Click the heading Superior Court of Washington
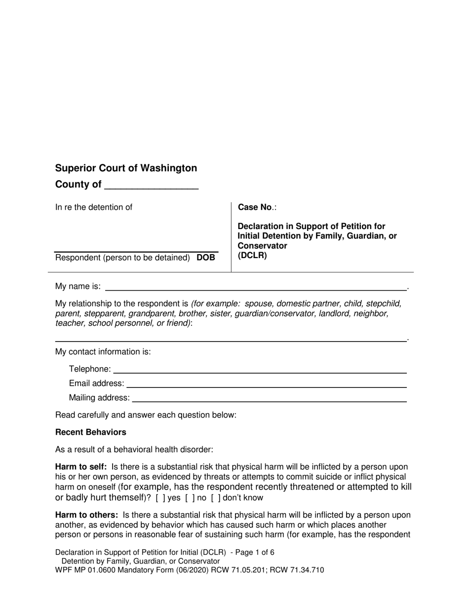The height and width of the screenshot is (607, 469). [126, 168]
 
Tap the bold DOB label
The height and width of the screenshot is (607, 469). [206, 258]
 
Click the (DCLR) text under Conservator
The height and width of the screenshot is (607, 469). [252, 256]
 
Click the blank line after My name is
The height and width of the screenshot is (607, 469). [256, 288]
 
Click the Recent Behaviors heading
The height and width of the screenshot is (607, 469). [91, 432]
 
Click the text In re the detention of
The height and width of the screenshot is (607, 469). [94, 207]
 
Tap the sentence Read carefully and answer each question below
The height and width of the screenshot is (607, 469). [146, 415]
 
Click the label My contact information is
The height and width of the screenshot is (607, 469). [103, 352]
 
